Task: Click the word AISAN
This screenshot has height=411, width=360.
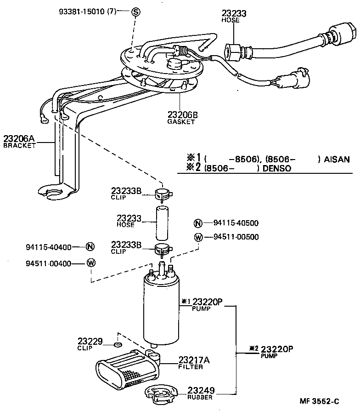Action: (337, 160)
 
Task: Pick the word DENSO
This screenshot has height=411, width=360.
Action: (277, 168)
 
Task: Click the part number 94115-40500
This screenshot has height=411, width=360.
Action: (236, 223)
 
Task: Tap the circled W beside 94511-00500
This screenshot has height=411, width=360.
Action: (198, 237)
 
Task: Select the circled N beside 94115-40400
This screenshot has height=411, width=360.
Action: (90, 247)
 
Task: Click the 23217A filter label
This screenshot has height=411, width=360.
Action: (194, 363)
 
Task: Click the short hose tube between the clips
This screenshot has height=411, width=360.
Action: (162, 223)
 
